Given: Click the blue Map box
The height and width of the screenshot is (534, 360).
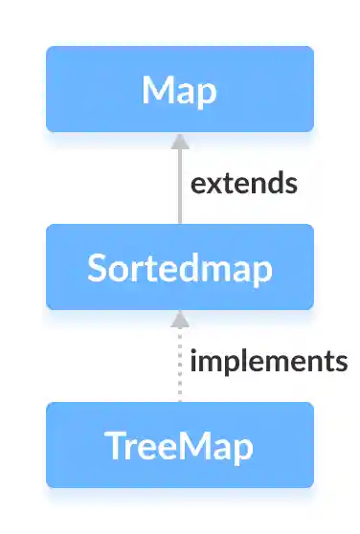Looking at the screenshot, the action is (179, 89).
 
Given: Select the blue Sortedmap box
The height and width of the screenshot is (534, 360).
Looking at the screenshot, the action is (179, 267).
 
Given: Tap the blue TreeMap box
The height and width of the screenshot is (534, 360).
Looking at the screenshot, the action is (179, 445).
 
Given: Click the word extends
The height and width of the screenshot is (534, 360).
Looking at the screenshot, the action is (243, 183).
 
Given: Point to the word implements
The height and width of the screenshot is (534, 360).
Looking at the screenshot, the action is (268, 362).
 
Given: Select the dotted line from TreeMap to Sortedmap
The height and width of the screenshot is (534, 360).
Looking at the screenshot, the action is (179, 368).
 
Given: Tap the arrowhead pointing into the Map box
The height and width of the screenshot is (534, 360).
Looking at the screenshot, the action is (179, 141).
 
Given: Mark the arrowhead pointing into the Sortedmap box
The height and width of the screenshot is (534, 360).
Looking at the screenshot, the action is (179, 319).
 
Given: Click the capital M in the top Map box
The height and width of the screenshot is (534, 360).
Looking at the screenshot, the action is (157, 90).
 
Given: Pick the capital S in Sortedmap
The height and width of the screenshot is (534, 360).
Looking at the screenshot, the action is (97, 268).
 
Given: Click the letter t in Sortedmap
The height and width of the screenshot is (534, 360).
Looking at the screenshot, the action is (148, 268).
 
